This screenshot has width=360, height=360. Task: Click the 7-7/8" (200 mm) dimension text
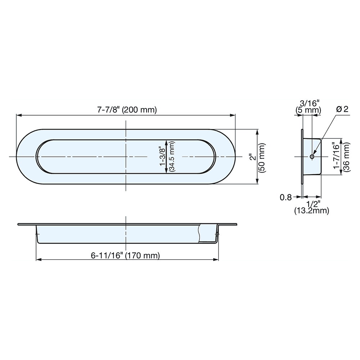(127, 110)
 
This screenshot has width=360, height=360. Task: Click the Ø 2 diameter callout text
(342, 109)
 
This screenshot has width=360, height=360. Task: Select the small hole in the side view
(312, 157)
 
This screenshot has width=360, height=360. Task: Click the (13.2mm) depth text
(311, 211)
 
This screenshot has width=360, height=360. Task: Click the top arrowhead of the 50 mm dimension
(257, 132)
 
